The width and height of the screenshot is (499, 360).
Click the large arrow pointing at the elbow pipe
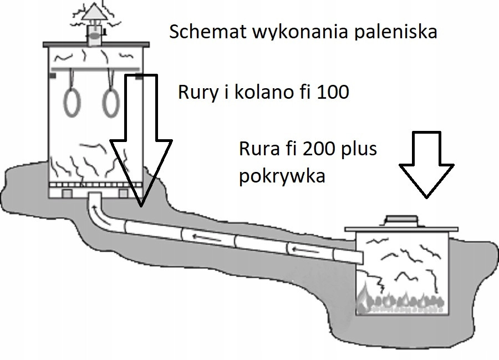coord(141,144)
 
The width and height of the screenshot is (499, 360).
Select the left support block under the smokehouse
coord(65,194)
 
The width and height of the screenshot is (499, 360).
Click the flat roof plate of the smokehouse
coord(95,43)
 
